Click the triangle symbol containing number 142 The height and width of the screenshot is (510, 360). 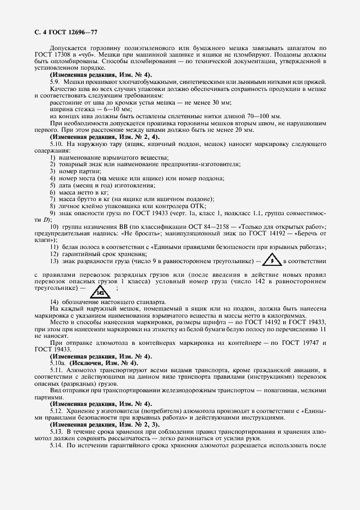100,292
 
